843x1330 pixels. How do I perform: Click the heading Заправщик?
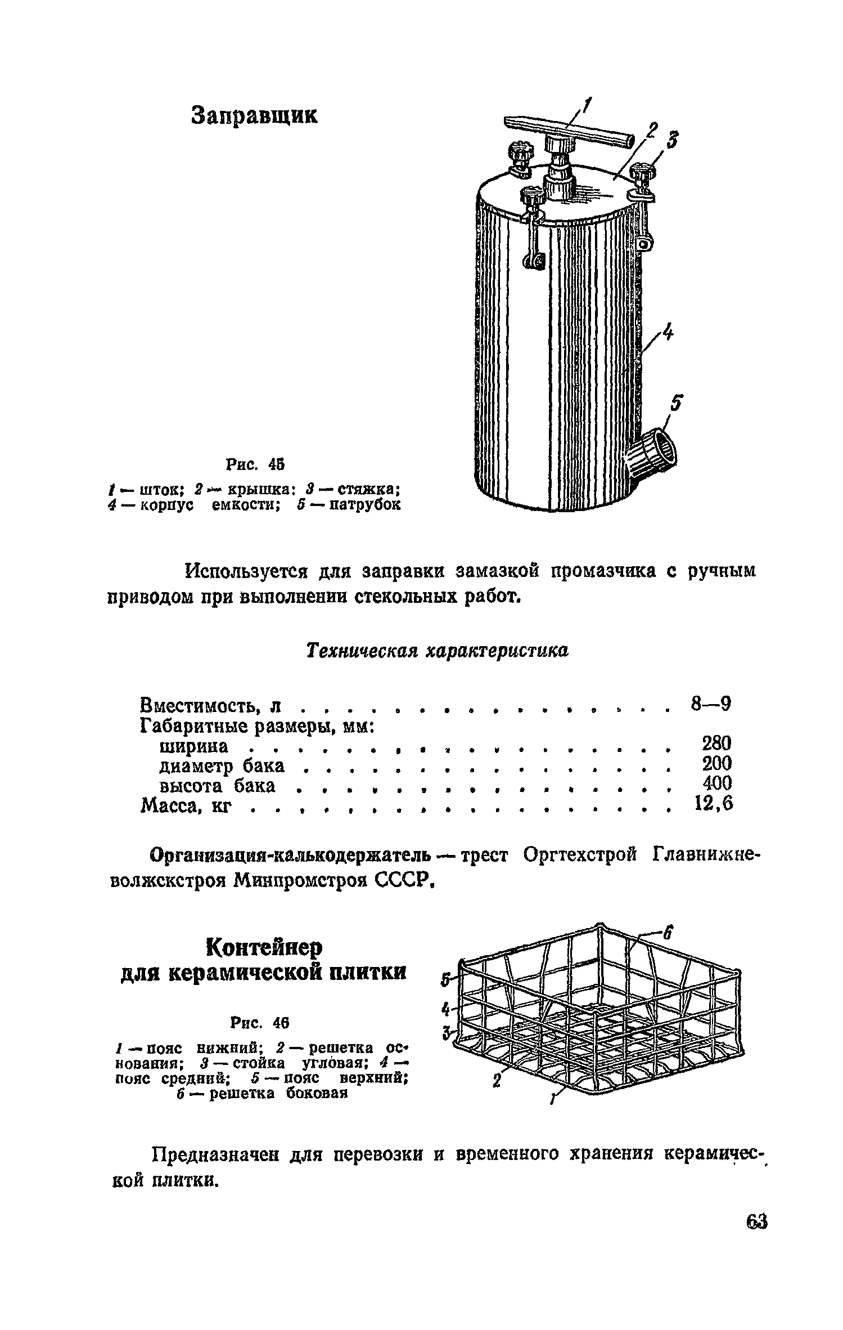click(255, 115)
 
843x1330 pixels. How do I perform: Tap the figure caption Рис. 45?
click(255, 465)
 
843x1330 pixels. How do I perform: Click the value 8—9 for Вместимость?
click(710, 704)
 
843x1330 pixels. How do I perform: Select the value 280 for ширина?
click(716, 744)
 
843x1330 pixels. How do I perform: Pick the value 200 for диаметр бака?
click(716, 764)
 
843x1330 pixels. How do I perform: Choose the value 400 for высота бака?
click(717, 783)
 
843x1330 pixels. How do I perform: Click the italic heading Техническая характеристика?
click(437, 651)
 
